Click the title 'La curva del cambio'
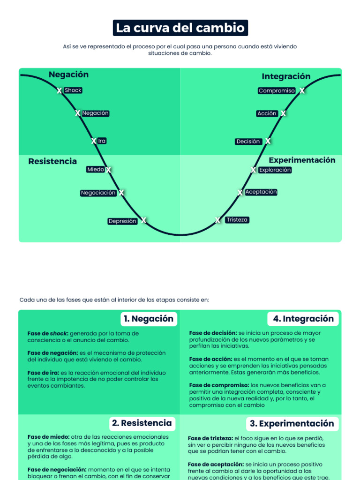(x=180, y=28)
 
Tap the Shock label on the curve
(x=73, y=90)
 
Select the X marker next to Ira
(x=94, y=141)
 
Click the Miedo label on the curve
(x=96, y=169)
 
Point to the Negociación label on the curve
(x=98, y=193)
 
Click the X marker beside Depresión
(x=144, y=220)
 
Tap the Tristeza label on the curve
(x=237, y=220)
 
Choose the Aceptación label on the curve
(x=261, y=192)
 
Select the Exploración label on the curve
(x=275, y=170)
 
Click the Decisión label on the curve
(x=248, y=141)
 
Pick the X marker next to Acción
(x=283, y=113)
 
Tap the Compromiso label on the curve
(x=277, y=90)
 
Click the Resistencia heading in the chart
(x=52, y=161)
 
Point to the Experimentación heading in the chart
(x=302, y=160)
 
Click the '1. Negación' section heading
(x=148, y=319)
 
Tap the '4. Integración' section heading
(x=303, y=319)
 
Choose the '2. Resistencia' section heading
(x=142, y=423)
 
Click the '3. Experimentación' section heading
(x=292, y=424)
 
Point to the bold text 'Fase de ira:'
(x=43, y=373)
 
